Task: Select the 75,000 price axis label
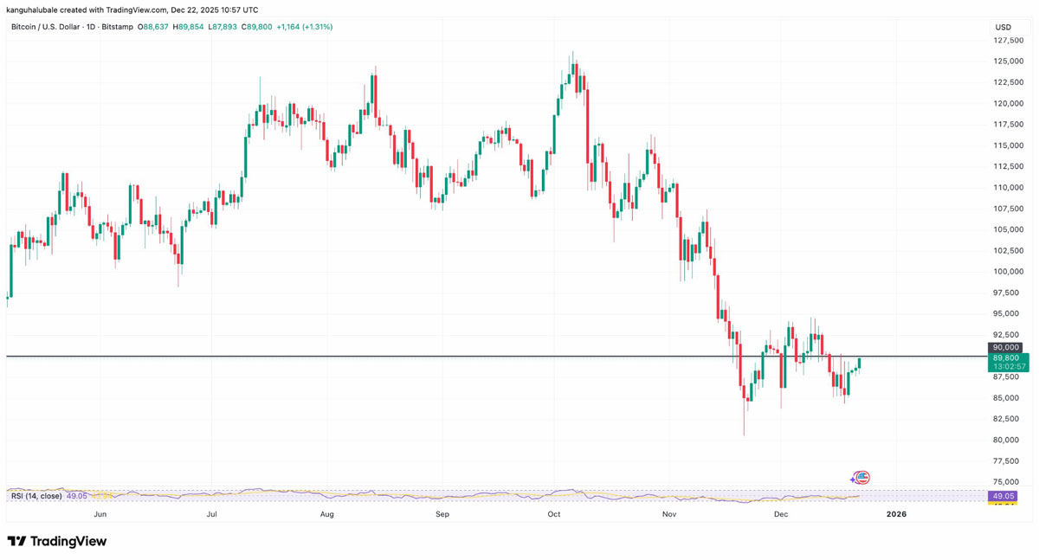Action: [1009, 482]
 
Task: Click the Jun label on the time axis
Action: [100, 514]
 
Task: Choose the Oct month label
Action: [554, 514]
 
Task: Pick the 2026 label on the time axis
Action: [896, 514]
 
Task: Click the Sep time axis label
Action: [442, 514]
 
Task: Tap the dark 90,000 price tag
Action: [1007, 347]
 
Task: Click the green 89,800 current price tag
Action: [1008, 357]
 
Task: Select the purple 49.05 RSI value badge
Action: [1004, 496]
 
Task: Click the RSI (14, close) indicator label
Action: [36, 496]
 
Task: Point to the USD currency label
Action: [1004, 27]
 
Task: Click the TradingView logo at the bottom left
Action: [57, 542]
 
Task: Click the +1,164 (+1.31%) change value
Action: [304, 27]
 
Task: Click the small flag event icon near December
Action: [861, 478]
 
